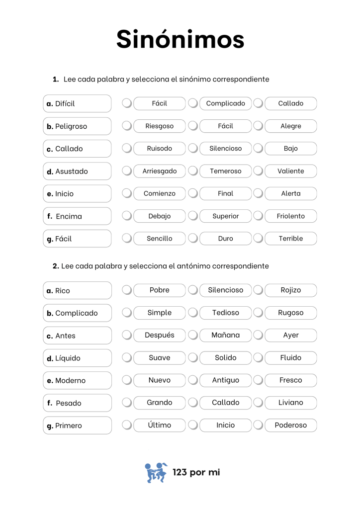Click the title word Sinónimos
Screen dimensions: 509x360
pyautogui.click(x=180, y=39)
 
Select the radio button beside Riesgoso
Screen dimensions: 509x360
pyautogui.click(x=127, y=126)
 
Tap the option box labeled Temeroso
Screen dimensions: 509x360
pyautogui.click(x=225, y=171)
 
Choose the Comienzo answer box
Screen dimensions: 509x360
pyautogui.click(x=159, y=193)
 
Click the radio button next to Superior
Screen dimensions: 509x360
pyautogui.click(x=193, y=216)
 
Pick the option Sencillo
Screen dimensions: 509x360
pyautogui.click(x=159, y=239)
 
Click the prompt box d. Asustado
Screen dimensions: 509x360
pyautogui.click(x=77, y=171)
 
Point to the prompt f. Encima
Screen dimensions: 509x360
pyautogui.click(x=77, y=216)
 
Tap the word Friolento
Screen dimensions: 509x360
pyautogui.click(x=290, y=216)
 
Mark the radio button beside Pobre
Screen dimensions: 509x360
pyautogui.click(x=127, y=290)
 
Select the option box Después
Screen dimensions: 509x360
pyautogui.click(x=159, y=335)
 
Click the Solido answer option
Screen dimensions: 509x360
pyautogui.click(x=225, y=357)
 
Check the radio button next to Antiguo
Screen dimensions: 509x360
pyautogui.click(x=193, y=380)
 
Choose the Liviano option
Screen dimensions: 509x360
pyautogui.click(x=290, y=403)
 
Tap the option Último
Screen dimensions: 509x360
pyautogui.click(x=159, y=425)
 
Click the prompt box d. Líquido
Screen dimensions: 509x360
pyautogui.click(x=77, y=358)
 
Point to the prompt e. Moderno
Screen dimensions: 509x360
pyautogui.click(x=77, y=381)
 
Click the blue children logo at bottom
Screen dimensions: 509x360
pyautogui.click(x=156, y=473)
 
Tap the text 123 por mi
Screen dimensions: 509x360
pyautogui.click(x=196, y=472)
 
